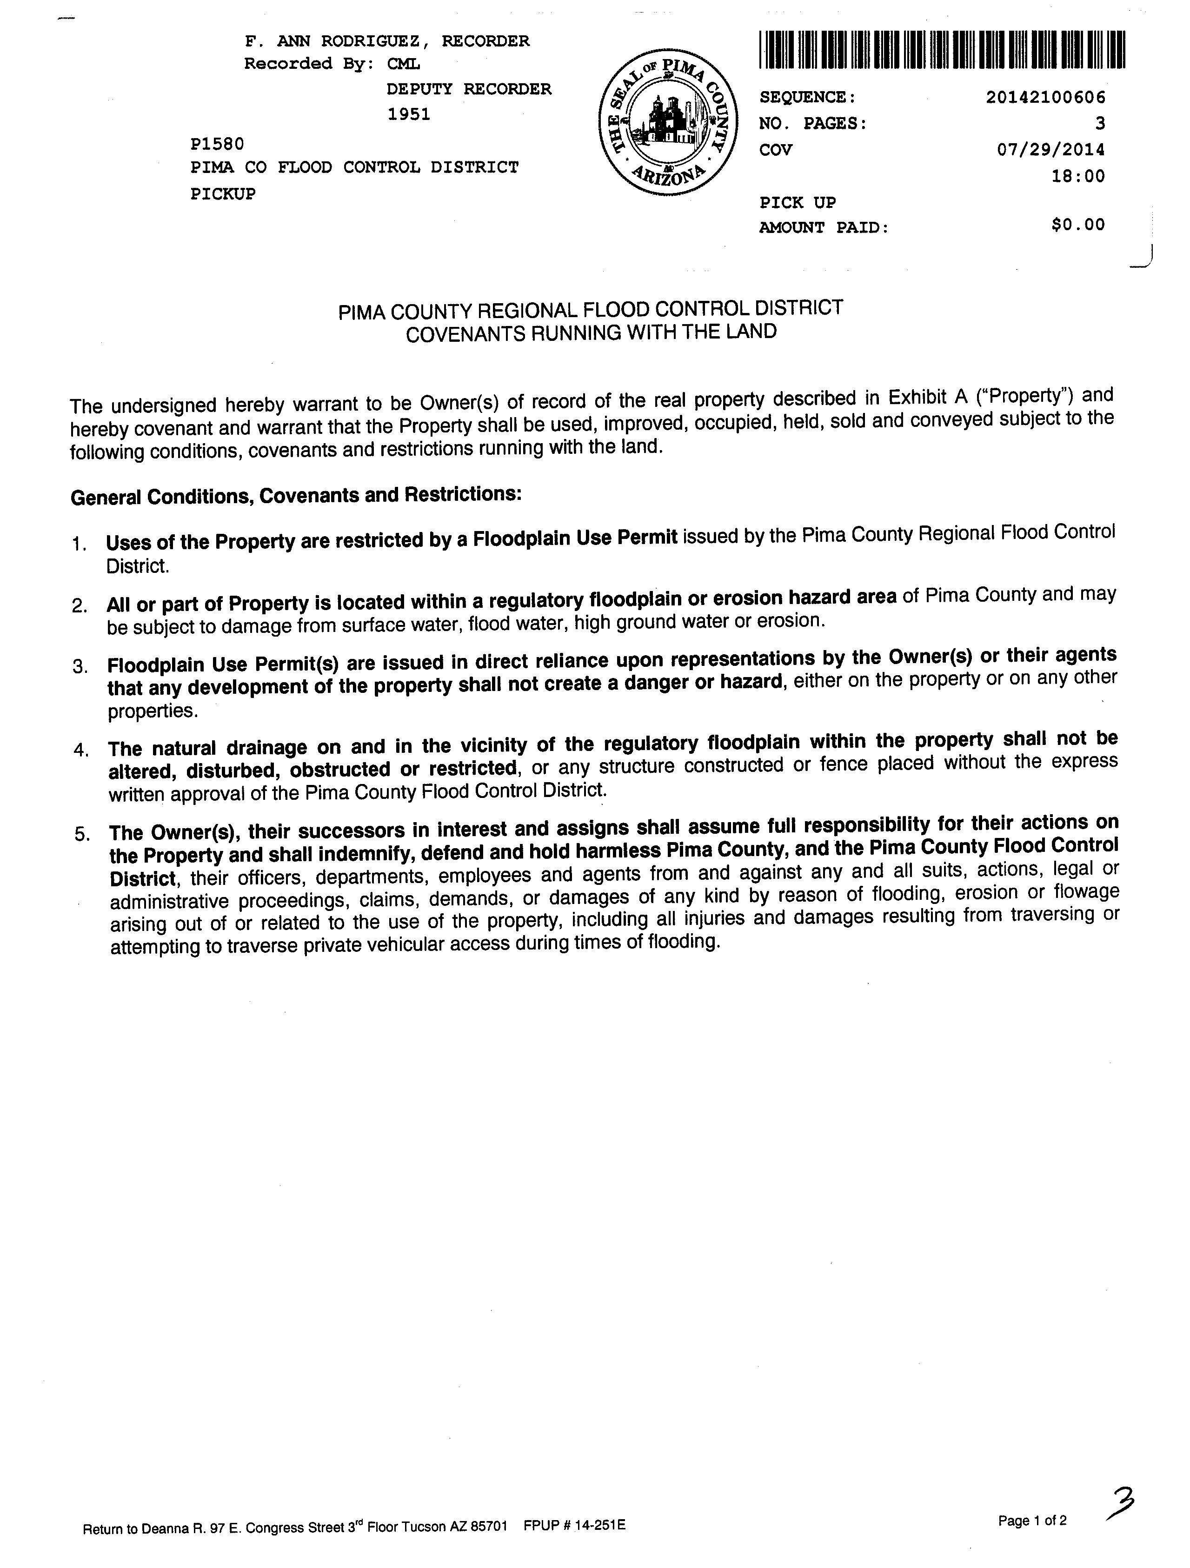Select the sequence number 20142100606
(1045, 97)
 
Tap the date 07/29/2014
(1051, 150)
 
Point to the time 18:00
(1078, 176)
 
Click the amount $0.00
(1078, 225)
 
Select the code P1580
(217, 144)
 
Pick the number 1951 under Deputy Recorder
(409, 114)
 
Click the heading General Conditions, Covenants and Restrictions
(296, 495)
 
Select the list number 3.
(80, 666)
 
